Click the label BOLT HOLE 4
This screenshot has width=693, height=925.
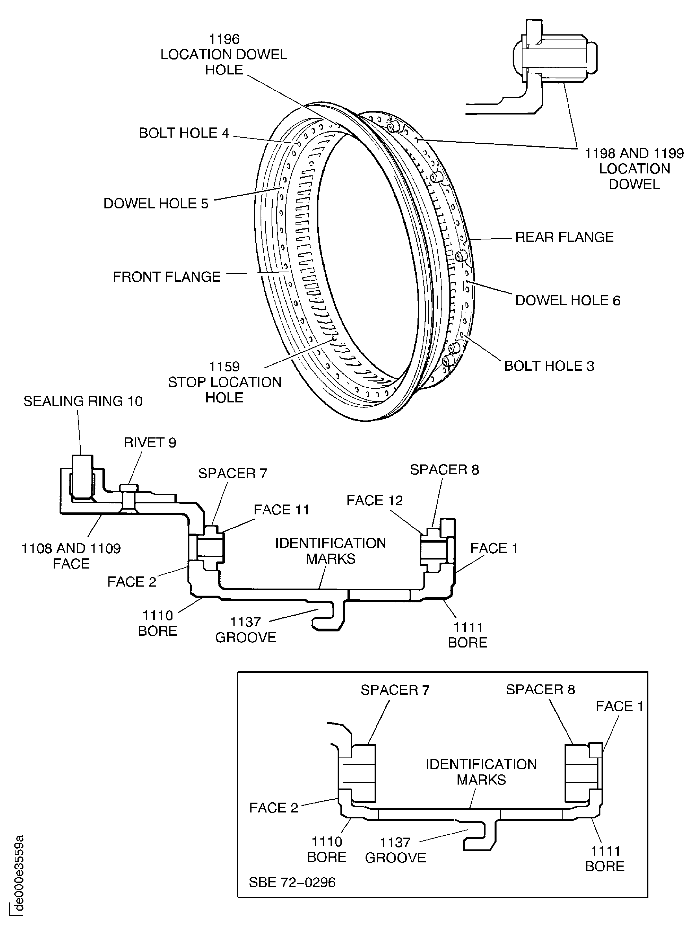point(184,133)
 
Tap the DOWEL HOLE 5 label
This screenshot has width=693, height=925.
point(156,204)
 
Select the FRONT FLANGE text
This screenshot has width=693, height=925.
point(167,277)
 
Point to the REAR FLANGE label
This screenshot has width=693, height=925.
point(564,237)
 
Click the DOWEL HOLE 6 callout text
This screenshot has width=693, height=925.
point(567,300)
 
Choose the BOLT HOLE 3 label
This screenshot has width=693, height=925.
point(549,366)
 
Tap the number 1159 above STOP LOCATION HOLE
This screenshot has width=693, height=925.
point(224,366)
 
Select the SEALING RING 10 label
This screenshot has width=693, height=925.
point(83,401)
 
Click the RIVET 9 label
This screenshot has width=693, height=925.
point(150,442)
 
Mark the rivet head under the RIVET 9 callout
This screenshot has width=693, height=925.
point(128,488)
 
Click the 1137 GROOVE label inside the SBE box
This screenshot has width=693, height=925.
point(395,850)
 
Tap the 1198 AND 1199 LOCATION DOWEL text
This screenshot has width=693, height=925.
point(633,169)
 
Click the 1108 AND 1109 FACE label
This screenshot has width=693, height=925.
point(71,556)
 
